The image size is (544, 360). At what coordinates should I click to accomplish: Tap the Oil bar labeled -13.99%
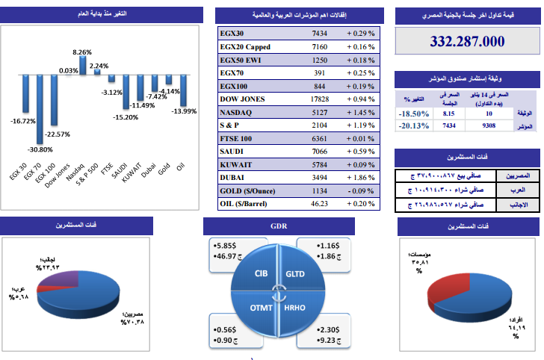point(182,90)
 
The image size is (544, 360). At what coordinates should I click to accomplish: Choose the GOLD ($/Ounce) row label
point(246,190)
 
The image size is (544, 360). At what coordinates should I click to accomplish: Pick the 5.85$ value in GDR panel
point(223,244)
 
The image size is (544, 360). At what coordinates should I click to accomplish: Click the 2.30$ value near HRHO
point(326,329)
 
